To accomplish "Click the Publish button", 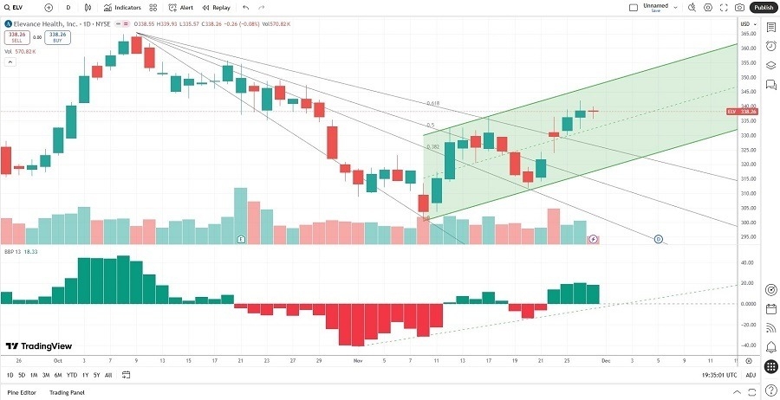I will [x=763, y=7].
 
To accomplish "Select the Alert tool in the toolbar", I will [x=182, y=7].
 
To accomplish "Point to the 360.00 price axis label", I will [x=745, y=48].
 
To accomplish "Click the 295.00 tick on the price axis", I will [x=745, y=236].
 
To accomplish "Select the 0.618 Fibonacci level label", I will [x=433, y=103].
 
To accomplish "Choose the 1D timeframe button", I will [x=10, y=375].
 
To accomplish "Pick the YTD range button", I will [x=71, y=375].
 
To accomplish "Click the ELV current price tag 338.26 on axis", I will [x=745, y=112].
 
